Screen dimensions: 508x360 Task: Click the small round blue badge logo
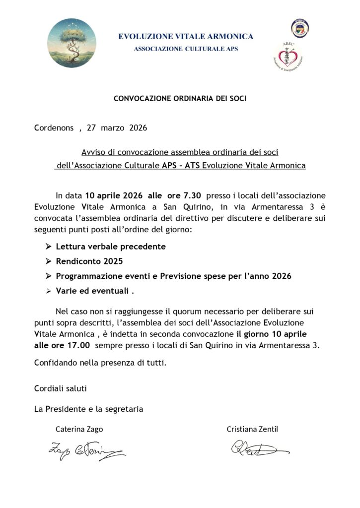(299, 28)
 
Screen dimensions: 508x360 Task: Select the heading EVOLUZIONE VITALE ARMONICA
(185, 36)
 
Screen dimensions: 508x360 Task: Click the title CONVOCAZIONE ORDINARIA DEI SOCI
(180, 98)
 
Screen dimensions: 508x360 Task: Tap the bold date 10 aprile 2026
(107, 195)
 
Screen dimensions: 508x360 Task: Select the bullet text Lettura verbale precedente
(111, 246)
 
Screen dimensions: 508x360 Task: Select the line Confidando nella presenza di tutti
(100, 363)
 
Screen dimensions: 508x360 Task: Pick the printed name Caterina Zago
(79, 429)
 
